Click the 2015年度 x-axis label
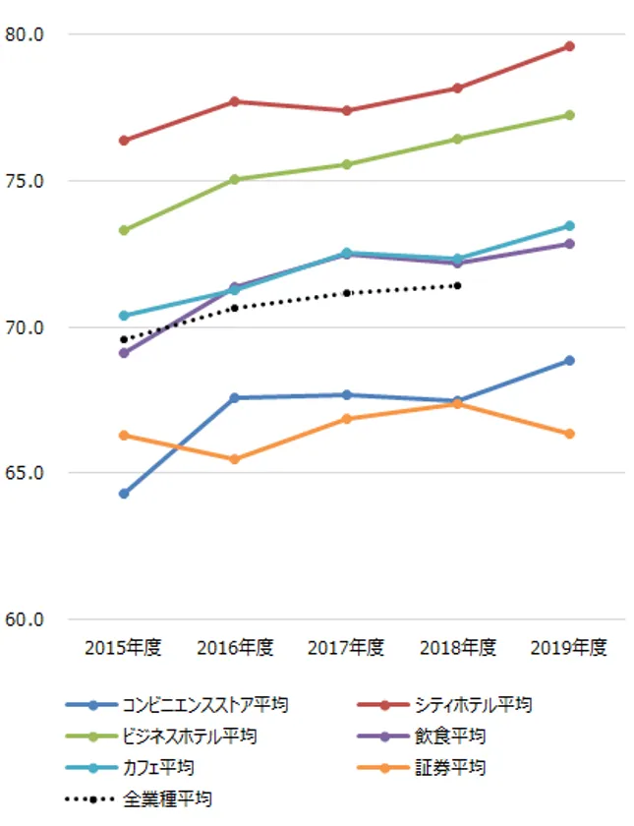coord(123,647)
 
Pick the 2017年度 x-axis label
coord(346,647)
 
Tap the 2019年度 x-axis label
coord(568,647)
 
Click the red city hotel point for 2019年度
coord(569,46)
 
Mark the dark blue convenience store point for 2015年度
coord(124,494)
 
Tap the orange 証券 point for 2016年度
coord(235,459)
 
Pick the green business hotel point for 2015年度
coord(124,230)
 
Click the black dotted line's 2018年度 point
coord(457,285)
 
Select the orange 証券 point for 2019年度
coord(569,434)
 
